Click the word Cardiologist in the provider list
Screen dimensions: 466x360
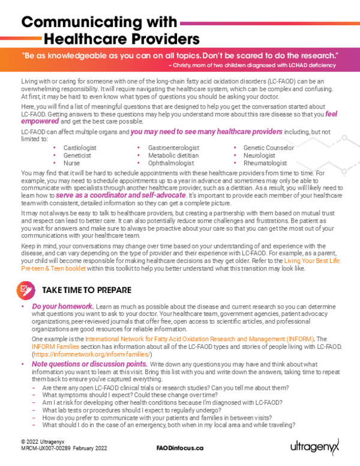(80, 147)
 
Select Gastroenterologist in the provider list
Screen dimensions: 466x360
(174, 147)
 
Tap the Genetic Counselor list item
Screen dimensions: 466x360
(268, 147)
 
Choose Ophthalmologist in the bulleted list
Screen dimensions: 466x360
(170, 163)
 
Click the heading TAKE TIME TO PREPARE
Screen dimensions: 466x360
(86, 290)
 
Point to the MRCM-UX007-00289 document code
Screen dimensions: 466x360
(43, 448)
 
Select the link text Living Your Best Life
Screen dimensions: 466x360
(313, 260)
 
